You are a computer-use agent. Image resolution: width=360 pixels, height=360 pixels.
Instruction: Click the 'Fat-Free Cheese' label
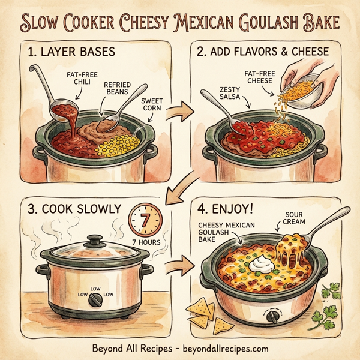(x=259, y=77)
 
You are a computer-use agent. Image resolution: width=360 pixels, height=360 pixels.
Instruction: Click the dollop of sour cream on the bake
(x=259, y=263)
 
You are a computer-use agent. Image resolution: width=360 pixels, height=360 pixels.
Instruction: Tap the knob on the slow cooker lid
(x=95, y=241)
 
